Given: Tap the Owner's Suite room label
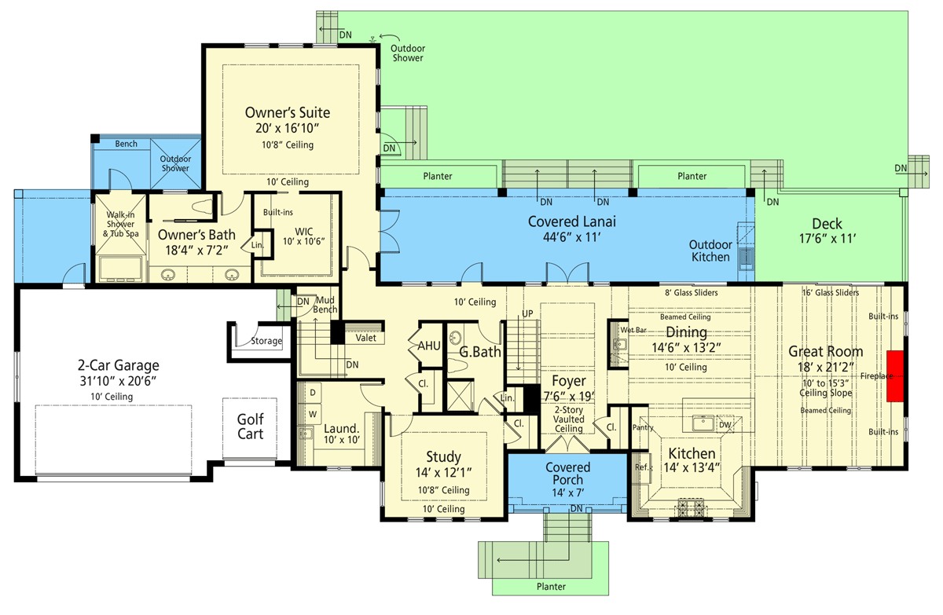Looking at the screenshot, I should [x=287, y=112].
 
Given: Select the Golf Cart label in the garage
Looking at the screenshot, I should [x=251, y=426].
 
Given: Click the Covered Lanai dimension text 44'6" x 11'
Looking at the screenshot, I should [x=571, y=239].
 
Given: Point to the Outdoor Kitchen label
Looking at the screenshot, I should [x=711, y=251].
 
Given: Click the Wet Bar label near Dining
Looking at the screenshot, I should [x=633, y=331].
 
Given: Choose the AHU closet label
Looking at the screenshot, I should [x=429, y=346].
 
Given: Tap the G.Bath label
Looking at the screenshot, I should [x=480, y=352].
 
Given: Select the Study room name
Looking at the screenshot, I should [x=443, y=456].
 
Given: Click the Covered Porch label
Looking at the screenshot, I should [x=568, y=474].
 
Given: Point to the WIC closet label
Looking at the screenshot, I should [x=304, y=231].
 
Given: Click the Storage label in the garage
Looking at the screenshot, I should [x=266, y=342].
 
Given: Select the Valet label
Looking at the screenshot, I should [x=365, y=338].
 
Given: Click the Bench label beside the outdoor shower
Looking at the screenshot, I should [x=126, y=144].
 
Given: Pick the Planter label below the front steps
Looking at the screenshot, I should [x=550, y=586].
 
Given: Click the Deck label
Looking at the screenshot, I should [x=827, y=223].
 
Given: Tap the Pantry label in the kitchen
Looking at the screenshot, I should [x=642, y=428].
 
